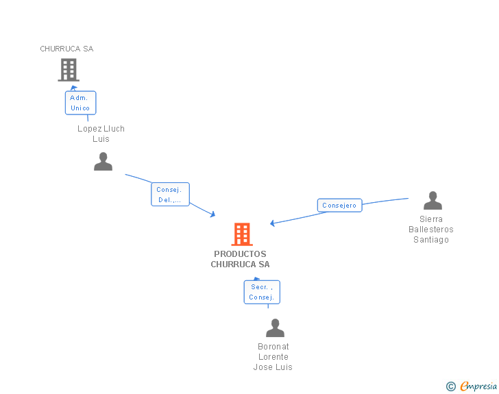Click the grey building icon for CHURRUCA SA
[68, 70]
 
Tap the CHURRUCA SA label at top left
[66, 49]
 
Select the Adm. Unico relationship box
[80, 103]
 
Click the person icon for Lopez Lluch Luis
[103, 162]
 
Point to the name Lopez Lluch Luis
[101, 134]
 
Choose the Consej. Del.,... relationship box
[169, 195]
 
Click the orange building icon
[241, 234]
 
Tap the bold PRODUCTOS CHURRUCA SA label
[240, 259]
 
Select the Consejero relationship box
[339, 205]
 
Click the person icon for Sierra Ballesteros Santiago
[433, 201]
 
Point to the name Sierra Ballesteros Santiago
[431, 230]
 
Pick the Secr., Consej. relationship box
[262, 292]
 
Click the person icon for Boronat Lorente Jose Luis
[275, 328]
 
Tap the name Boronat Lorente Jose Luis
[273, 356]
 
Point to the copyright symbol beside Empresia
[450, 386]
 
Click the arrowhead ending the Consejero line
[273, 223]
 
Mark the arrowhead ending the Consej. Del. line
[213, 214]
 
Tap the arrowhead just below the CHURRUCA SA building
[73, 88]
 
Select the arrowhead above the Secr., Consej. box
[257, 278]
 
